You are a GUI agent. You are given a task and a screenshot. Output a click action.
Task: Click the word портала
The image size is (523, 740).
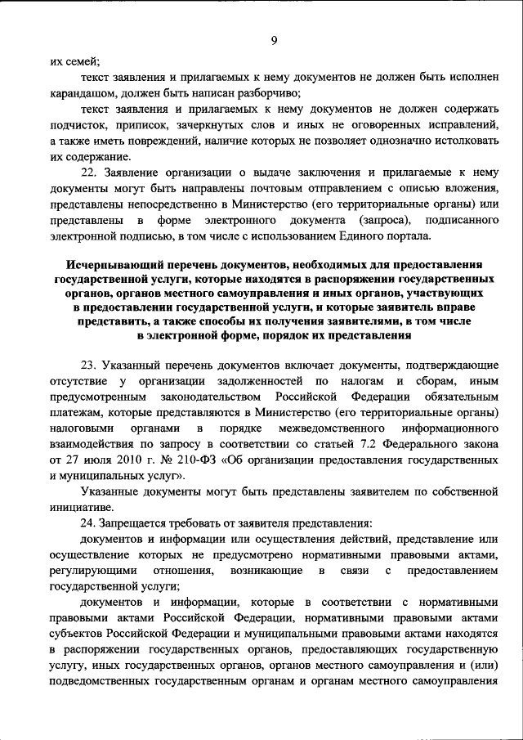(x=420, y=236)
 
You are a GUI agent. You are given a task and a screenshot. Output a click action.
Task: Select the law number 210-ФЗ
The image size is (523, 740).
(x=199, y=460)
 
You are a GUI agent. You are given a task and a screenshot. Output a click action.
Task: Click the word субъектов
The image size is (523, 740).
(x=78, y=635)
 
